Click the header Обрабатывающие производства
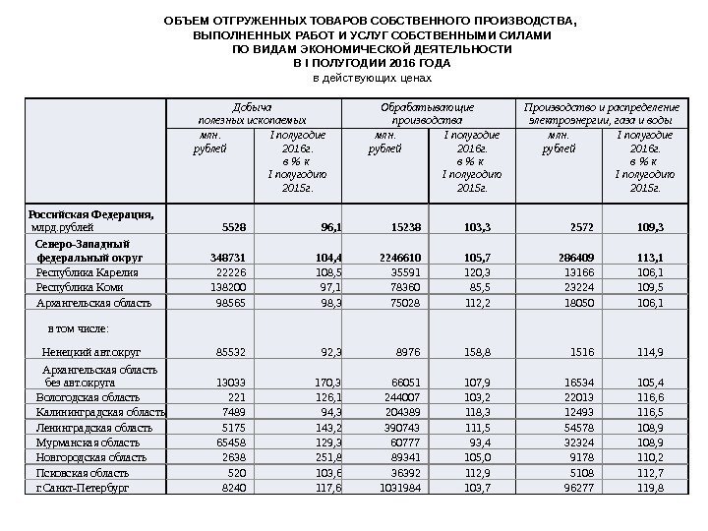(428, 111)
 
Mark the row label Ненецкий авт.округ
(88, 350)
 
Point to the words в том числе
(79, 327)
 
